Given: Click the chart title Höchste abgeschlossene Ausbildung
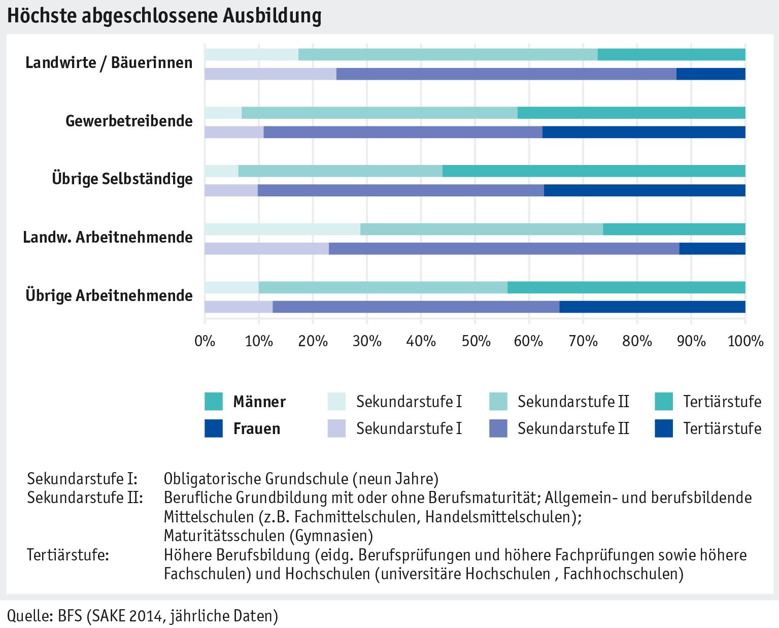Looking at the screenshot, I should pos(164,16).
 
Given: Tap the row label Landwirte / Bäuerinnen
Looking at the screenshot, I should pos(109,63).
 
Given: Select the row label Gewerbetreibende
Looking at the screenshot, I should pos(129,121).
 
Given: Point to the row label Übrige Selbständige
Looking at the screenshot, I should pos(122,179).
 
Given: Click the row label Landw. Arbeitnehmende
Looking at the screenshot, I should pos(108,237).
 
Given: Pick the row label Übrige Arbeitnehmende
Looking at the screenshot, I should pos(109,295).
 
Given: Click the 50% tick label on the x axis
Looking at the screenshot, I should pos(475,340).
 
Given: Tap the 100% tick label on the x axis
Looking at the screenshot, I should pos(745,340).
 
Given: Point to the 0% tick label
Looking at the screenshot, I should pos(205,340).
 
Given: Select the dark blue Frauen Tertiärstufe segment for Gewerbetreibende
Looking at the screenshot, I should pos(643,133).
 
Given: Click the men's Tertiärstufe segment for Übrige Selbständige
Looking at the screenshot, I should pos(594,171).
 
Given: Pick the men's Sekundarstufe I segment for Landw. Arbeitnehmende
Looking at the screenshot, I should pos(282,229).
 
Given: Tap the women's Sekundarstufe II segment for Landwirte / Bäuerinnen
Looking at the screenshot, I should pos(506,74).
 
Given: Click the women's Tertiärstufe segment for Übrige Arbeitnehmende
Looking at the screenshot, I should pos(652,307).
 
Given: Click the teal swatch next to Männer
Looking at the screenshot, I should pos(214,402).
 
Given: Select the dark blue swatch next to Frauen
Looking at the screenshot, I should pos(214,428).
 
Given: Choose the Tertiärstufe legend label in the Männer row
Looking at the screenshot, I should pos(722,402).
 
